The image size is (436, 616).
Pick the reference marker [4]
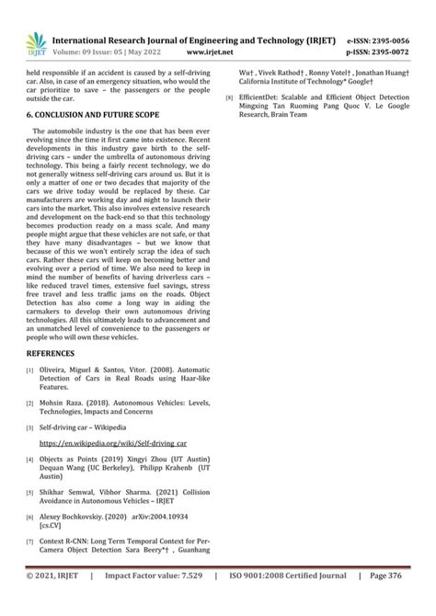pyautogui.click(x=29, y=458)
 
